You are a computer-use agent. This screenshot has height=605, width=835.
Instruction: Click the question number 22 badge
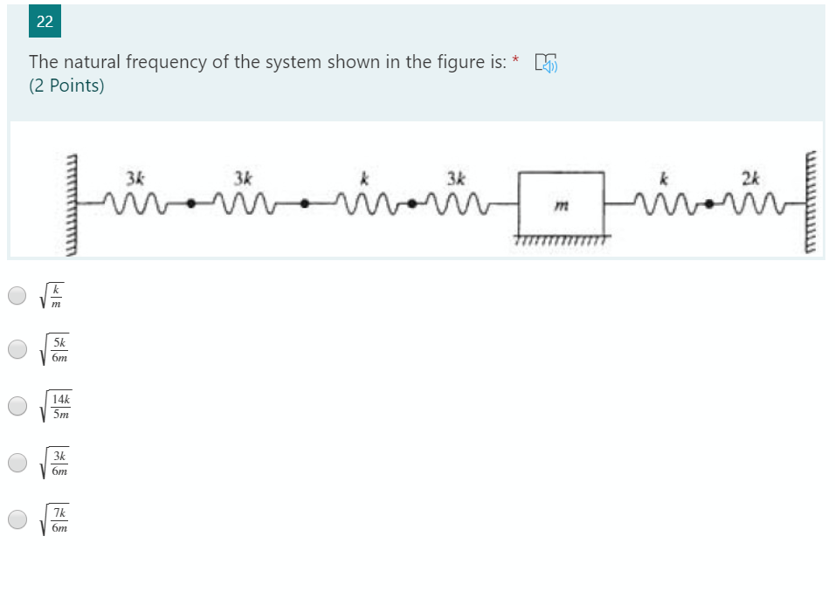click(45, 23)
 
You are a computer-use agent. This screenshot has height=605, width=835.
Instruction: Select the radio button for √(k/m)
click(17, 295)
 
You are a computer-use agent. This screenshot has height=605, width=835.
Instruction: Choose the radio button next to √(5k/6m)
click(17, 349)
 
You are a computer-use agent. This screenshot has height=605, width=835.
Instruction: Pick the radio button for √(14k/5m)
click(17, 406)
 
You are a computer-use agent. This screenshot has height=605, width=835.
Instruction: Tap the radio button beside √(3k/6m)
click(17, 463)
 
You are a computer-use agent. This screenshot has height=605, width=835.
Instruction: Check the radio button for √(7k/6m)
click(17, 519)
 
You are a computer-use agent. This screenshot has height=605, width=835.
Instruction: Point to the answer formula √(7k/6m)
click(56, 519)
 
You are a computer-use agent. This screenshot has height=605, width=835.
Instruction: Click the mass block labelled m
click(561, 204)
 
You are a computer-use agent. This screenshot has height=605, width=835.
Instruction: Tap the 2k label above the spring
click(749, 180)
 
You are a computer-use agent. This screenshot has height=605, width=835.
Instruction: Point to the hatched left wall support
click(73, 203)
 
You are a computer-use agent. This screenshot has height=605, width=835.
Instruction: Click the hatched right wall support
click(810, 203)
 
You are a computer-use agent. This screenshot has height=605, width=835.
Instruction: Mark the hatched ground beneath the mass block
click(562, 239)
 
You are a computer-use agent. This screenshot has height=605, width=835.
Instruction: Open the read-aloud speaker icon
click(546, 63)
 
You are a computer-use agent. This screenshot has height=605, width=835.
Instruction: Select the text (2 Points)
click(66, 86)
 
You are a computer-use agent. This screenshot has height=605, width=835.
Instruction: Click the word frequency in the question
click(163, 63)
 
